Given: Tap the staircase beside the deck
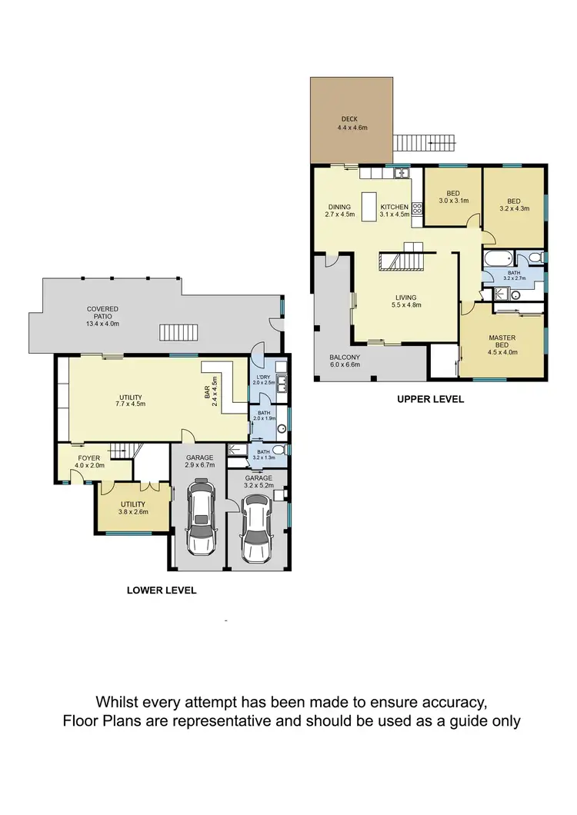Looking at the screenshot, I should click(424, 143).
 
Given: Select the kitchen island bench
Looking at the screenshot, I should click(369, 207).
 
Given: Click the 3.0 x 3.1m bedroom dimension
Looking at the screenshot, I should click(453, 201).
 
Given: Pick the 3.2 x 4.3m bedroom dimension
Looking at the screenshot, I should click(515, 208).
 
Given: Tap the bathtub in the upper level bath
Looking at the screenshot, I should click(498, 258).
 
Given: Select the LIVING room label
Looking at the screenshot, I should click(405, 298).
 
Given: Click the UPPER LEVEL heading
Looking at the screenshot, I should click(430, 400).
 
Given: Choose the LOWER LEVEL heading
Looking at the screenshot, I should click(162, 590).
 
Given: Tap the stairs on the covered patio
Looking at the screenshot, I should click(178, 332).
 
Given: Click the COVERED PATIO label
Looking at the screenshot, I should click(104, 309).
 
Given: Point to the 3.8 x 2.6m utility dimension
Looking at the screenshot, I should click(132, 511).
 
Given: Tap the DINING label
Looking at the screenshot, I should click(339, 207).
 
